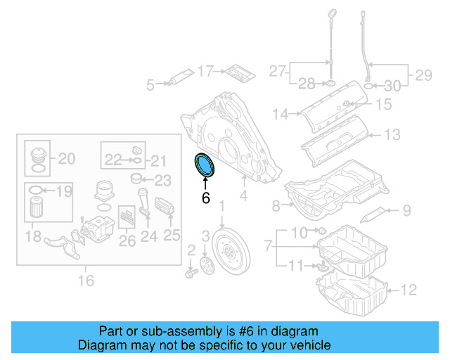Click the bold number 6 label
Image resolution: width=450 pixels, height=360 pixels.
205,198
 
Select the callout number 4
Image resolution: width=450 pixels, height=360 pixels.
243,196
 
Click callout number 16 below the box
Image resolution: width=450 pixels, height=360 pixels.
85,281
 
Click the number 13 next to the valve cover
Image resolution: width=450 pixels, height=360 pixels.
392,134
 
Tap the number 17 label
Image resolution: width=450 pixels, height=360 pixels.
205,70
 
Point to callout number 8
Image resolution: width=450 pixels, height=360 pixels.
276,205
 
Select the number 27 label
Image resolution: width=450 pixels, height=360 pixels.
277,70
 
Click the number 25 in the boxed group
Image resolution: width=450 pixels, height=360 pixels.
172,236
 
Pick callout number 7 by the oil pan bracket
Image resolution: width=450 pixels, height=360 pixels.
267,246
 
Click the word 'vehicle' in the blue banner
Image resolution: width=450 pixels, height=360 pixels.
308,345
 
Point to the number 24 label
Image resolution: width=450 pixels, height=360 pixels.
148,236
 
